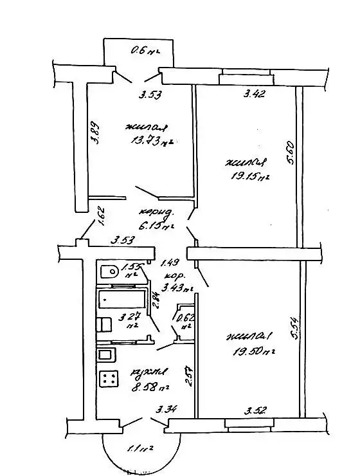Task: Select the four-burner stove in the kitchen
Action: [x=108, y=379]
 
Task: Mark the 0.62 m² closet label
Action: [x=185, y=321]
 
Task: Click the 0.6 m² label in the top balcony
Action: [x=144, y=50]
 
